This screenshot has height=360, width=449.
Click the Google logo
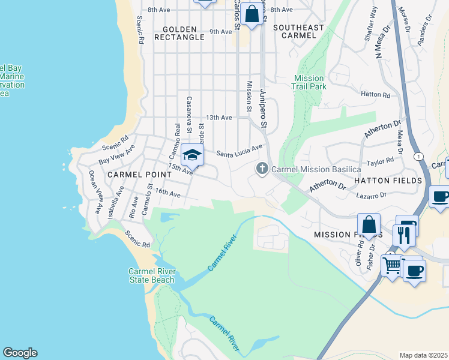20,353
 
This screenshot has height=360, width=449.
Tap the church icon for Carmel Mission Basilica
262,169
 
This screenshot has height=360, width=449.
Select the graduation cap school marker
193,156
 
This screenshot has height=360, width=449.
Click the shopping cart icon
392,265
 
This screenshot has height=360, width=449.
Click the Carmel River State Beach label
151,275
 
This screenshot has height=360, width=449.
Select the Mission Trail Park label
310,82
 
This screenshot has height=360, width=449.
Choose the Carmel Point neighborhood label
132,174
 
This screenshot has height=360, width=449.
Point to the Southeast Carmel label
298,31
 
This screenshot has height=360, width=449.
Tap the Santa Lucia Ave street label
240,150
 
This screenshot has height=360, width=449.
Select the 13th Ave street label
218,118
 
